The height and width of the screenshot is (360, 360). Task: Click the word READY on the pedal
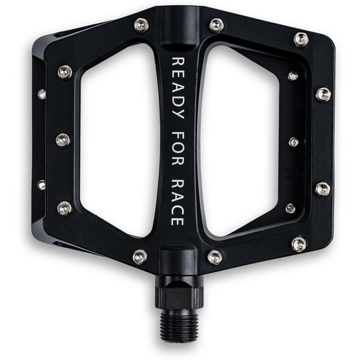[178, 88]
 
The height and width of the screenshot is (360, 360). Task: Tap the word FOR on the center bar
[178, 148]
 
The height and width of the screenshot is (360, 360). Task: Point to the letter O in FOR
[178, 148]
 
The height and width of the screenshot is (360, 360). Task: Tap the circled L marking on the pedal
[290, 174]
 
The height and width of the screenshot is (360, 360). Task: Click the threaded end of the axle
[179, 324]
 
